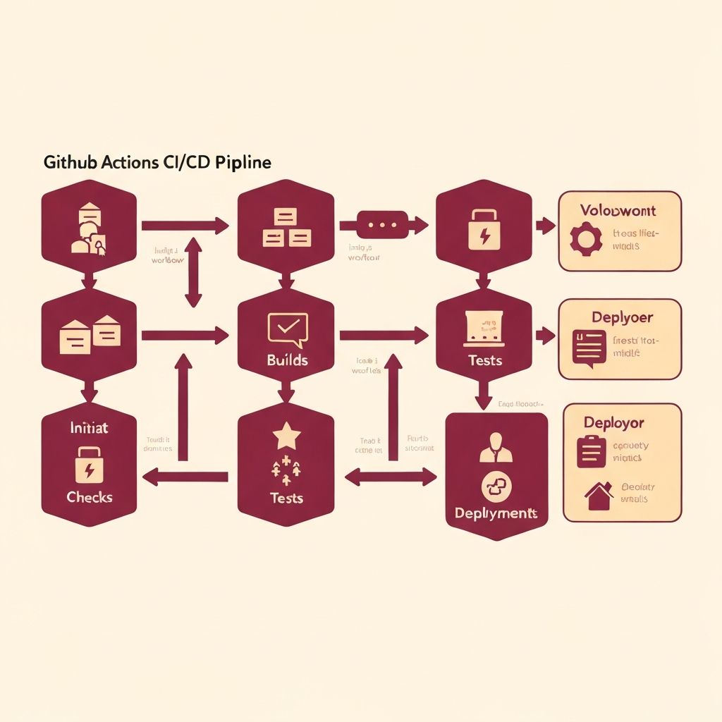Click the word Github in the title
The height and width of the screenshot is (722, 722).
pyautogui.click(x=66, y=162)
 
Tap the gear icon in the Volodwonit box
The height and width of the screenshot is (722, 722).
pyautogui.click(x=585, y=239)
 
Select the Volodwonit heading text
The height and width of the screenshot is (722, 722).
pyautogui.click(x=618, y=210)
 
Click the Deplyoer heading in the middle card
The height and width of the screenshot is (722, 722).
pyautogui.click(x=622, y=317)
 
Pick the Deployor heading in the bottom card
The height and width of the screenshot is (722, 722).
pyautogui.click(x=613, y=422)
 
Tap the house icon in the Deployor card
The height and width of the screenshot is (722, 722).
pyautogui.click(x=599, y=496)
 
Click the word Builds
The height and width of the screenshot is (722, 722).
pyautogui.click(x=287, y=360)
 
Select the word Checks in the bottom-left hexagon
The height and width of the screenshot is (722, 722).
pyautogui.click(x=90, y=497)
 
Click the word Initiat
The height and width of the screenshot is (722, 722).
pyautogui.click(x=89, y=428)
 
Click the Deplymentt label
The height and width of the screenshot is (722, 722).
pyautogui.click(x=496, y=513)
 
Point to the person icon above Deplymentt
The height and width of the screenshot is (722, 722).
pyautogui.click(x=496, y=448)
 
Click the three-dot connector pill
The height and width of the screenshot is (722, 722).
pyautogui.click(x=384, y=225)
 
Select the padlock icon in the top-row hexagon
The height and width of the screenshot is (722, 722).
pyautogui.click(x=484, y=232)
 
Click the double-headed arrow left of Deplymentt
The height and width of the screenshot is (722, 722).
pyautogui.click(x=391, y=477)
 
